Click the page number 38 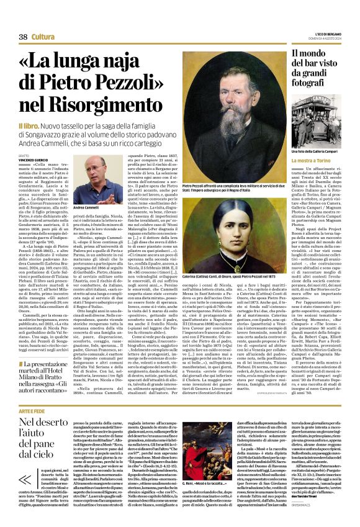point(23,37)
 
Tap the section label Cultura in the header point(43,37)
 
